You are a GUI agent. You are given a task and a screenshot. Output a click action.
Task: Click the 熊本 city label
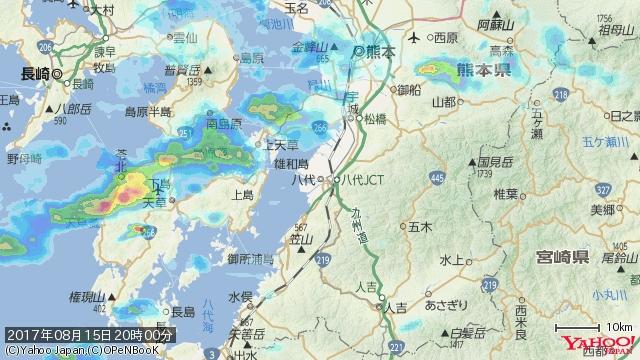coord(381,51)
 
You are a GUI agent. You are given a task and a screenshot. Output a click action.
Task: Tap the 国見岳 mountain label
coord(495,161)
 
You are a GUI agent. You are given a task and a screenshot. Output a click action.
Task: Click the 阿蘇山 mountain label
coord(495,25)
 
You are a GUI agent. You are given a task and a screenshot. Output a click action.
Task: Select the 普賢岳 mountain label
coord(181,71)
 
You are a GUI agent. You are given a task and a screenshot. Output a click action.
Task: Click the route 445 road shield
coord(437,178)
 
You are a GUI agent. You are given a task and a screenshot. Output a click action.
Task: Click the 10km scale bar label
coord(618,328)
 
